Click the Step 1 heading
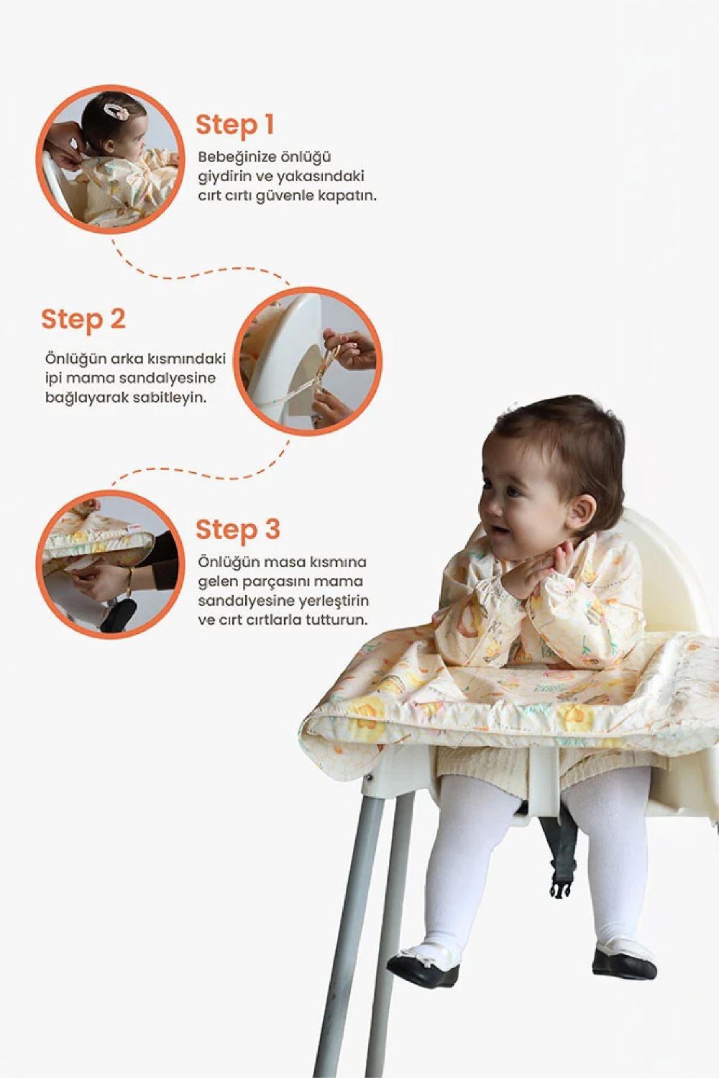235,125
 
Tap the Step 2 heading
83,319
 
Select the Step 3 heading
237,530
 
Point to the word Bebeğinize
230,157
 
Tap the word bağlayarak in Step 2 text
80,398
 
